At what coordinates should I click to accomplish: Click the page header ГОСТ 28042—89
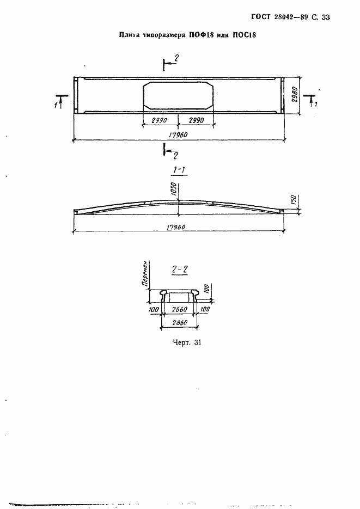point(279,17)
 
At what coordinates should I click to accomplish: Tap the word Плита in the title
point(129,35)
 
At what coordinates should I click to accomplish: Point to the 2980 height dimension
point(295,95)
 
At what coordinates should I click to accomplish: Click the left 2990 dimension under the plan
point(160,120)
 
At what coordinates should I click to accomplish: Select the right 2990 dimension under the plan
point(196,120)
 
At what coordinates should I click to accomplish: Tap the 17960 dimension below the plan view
point(178,135)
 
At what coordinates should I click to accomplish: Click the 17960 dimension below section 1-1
point(175,227)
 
